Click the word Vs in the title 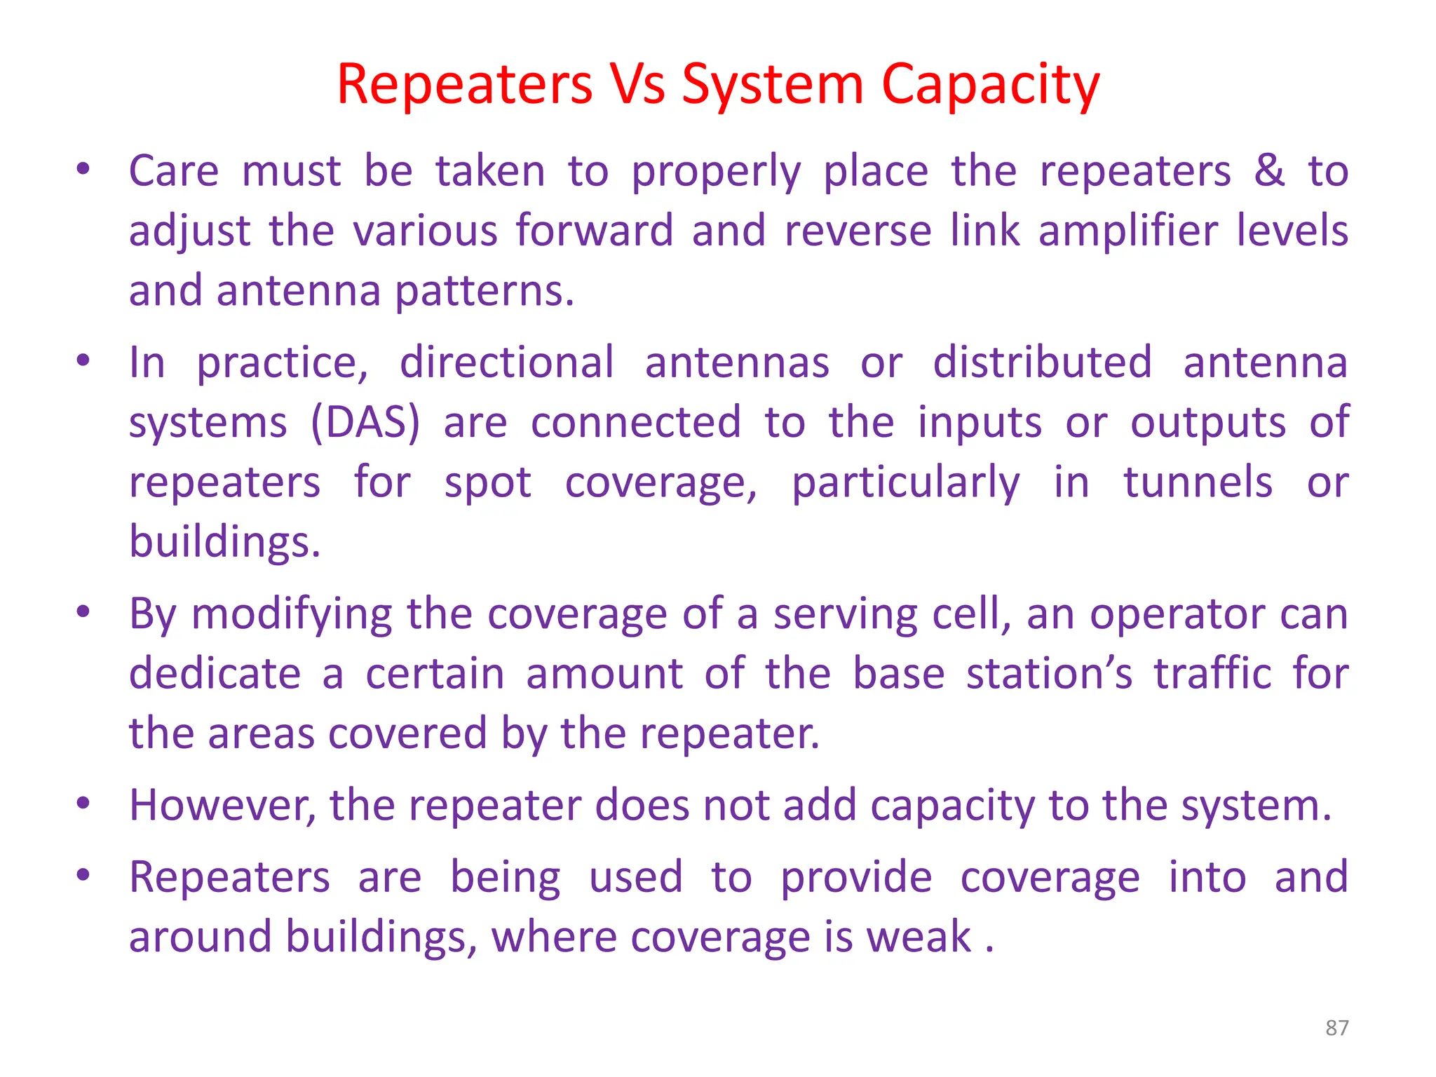point(637,85)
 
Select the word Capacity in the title point(990,85)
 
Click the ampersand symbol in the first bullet point(1269,170)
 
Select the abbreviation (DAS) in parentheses point(365,422)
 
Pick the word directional point(506,363)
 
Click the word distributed point(1042,363)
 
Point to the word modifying point(291,614)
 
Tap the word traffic point(1212,674)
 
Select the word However point(222,805)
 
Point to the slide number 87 point(1336,1028)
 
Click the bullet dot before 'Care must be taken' point(83,169)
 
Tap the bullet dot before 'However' point(83,804)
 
